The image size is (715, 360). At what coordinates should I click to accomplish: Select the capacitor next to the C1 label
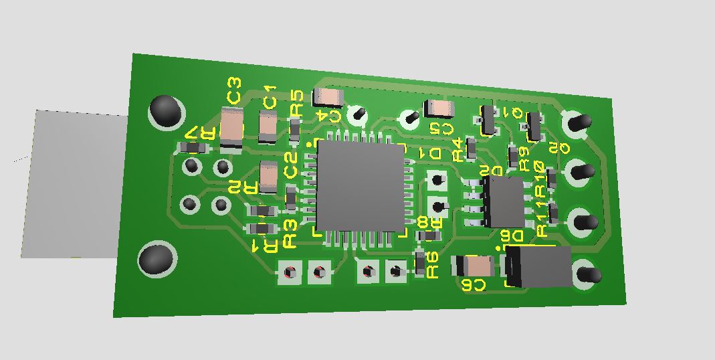(268, 126)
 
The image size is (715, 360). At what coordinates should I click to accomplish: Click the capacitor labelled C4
(328, 98)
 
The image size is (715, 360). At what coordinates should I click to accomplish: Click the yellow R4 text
(457, 150)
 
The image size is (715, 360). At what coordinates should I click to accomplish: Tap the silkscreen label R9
(524, 157)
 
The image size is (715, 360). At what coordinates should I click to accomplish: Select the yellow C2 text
(290, 165)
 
